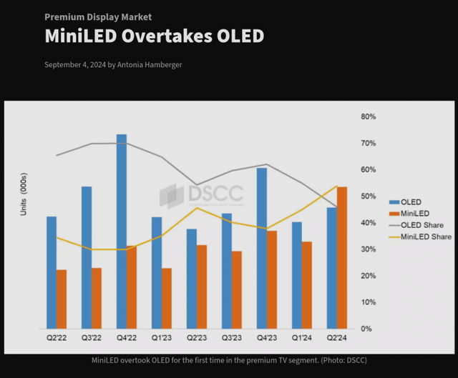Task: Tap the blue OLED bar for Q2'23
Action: coord(191,279)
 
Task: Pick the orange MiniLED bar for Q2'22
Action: coord(62,300)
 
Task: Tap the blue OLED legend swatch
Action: coord(394,202)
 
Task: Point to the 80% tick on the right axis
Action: coord(367,116)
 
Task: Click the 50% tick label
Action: coord(367,196)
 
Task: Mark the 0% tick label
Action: coord(365,329)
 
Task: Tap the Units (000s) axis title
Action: coord(24,195)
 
